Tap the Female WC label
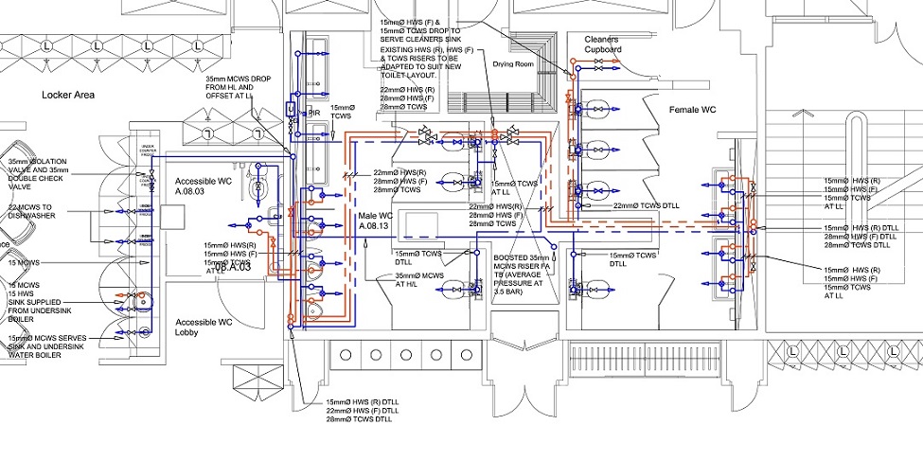693,111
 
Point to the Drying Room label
514,64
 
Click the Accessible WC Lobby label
198,327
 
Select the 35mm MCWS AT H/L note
419,281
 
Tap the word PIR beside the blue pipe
314,114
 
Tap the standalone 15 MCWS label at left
26,261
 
